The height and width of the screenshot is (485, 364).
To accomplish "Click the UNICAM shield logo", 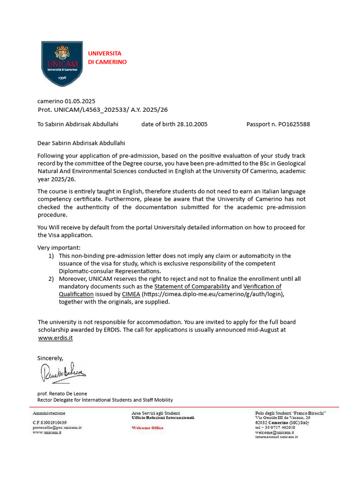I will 62,63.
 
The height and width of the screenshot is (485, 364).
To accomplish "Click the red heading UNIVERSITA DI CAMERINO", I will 107,58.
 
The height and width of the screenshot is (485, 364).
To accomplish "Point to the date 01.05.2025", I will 80,101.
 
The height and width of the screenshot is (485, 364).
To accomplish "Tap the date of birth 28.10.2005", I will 192,124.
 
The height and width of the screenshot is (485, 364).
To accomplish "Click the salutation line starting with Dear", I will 82,143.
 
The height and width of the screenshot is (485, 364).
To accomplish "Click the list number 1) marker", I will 51,256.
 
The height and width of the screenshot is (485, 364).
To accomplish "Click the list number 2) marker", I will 51,279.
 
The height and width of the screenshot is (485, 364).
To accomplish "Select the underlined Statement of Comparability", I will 192,287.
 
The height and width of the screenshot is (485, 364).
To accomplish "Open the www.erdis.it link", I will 55,338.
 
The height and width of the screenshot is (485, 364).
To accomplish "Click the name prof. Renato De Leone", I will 62,393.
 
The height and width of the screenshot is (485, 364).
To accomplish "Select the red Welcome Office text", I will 147,428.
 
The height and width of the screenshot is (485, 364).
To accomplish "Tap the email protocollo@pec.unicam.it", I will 57,427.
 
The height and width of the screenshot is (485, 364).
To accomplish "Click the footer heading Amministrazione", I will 49,413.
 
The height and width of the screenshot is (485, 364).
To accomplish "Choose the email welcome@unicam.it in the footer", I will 274,432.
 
